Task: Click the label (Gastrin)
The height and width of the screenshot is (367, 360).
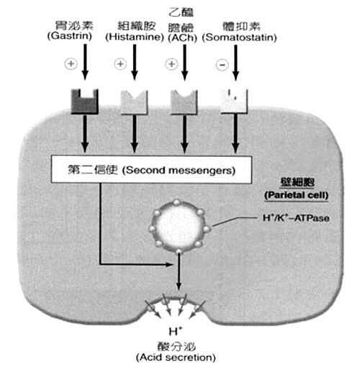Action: tap(70, 36)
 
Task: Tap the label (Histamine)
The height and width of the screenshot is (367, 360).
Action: tap(135, 37)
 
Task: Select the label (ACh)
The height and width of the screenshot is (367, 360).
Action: tap(182, 37)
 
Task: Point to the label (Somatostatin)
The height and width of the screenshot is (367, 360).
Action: tap(239, 37)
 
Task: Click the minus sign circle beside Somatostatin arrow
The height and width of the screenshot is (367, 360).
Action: tap(222, 65)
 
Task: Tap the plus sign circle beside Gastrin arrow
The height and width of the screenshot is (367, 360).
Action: tap(71, 63)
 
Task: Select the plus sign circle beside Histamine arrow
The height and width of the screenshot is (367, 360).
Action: tap(120, 64)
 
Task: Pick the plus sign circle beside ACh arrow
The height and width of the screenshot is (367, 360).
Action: tap(171, 64)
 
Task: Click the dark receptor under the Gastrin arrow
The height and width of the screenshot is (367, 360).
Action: tap(85, 101)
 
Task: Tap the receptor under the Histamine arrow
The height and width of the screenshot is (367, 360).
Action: tap(134, 102)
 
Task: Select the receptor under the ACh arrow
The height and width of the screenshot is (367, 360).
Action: tap(184, 101)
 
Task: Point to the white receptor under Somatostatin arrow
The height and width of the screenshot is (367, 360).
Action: tap(234, 101)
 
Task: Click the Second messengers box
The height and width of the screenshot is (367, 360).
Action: tap(151, 170)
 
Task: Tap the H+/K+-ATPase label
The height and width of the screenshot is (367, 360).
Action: tap(296, 218)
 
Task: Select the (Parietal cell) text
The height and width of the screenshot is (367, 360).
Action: tap(296, 195)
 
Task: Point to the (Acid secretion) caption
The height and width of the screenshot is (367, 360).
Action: tap(176, 358)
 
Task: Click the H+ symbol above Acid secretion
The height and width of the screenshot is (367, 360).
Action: tap(176, 331)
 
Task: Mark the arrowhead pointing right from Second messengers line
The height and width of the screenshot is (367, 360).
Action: tap(170, 265)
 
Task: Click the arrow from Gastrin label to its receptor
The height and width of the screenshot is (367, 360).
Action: tap(85, 62)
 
